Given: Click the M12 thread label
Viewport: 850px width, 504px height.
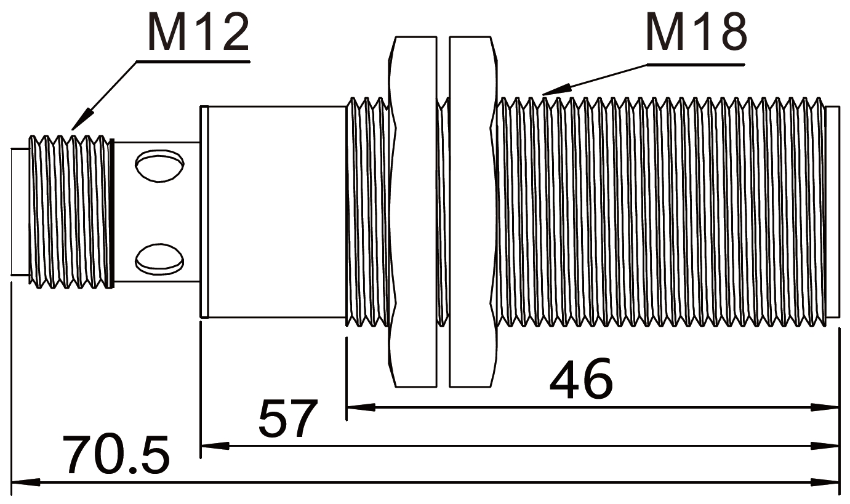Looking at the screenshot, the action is coord(198,32).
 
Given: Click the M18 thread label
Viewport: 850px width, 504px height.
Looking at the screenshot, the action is coord(696,31).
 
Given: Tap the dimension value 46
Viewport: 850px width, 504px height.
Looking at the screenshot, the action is coord(581,378).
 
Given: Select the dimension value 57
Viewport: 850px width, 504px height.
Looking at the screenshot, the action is coord(287,418).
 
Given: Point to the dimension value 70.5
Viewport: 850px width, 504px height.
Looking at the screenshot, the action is coord(116,455).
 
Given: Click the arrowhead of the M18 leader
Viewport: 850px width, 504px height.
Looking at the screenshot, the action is coord(556,90).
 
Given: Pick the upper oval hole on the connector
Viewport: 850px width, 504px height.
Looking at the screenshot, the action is coord(160,166).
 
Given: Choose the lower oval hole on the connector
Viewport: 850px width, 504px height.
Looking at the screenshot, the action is coord(160,259).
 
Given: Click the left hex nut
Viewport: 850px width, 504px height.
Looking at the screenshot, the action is coord(412,212).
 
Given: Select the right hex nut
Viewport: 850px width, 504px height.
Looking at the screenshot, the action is coord(473,212).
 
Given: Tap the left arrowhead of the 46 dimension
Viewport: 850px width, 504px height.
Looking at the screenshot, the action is coord(361,407).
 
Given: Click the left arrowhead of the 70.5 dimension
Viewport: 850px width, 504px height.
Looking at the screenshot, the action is coord(26,482).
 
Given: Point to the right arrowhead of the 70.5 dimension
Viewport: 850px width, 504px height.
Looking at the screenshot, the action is coord(824,482).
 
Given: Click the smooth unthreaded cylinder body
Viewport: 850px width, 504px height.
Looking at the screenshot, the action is coord(277,212).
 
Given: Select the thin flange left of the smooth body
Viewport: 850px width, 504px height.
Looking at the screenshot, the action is coord(204,212).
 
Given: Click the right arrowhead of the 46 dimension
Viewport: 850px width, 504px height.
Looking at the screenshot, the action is coord(824,407).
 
